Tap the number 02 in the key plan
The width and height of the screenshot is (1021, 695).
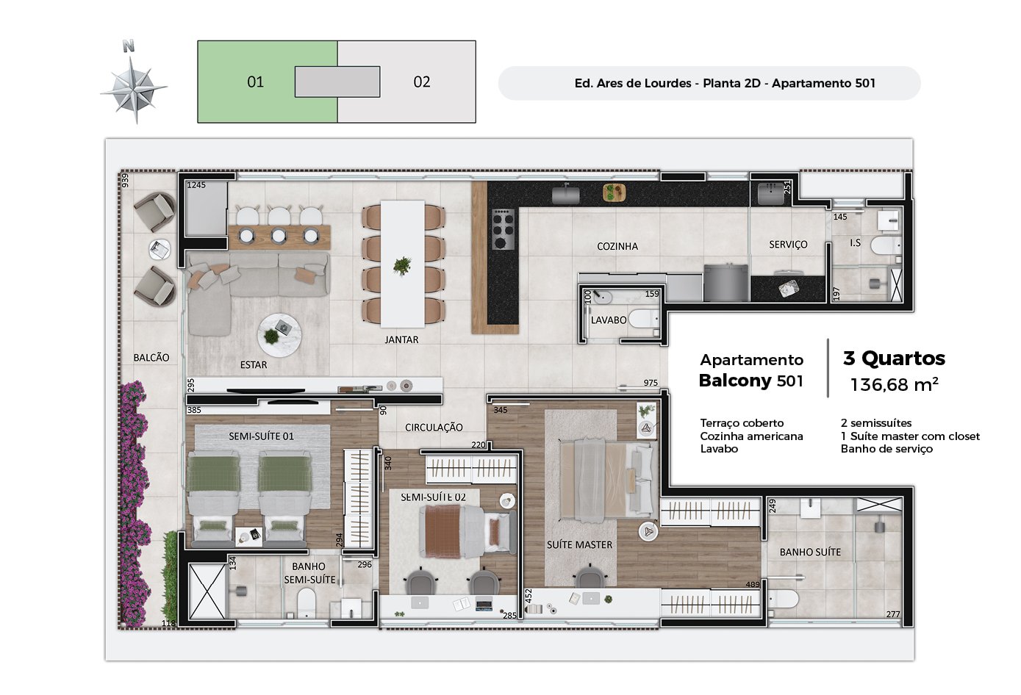(x=422, y=82)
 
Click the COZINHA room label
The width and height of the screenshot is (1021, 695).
(x=617, y=246)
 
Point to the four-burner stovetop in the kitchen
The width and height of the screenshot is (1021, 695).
(x=504, y=229)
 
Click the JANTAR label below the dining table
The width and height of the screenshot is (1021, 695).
(x=401, y=339)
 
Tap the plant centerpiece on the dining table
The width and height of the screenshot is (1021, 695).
(x=402, y=265)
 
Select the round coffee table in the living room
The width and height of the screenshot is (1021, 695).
(x=279, y=336)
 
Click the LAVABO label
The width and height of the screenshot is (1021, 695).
(x=609, y=320)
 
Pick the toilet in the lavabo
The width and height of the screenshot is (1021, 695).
(x=644, y=319)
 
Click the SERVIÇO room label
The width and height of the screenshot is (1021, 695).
(x=788, y=245)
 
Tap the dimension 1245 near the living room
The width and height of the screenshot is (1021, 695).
(x=196, y=185)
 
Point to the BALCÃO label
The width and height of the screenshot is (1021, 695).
(x=151, y=358)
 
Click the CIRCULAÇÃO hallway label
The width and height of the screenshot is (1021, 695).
(x=434, y=427)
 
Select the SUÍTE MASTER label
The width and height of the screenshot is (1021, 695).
(x=579, y=544)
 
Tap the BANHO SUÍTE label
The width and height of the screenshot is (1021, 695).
(x=810, y=552)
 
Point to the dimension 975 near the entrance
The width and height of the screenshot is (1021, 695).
(x=651, y=383)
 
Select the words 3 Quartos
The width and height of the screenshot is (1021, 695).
(x=895, y=359)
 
